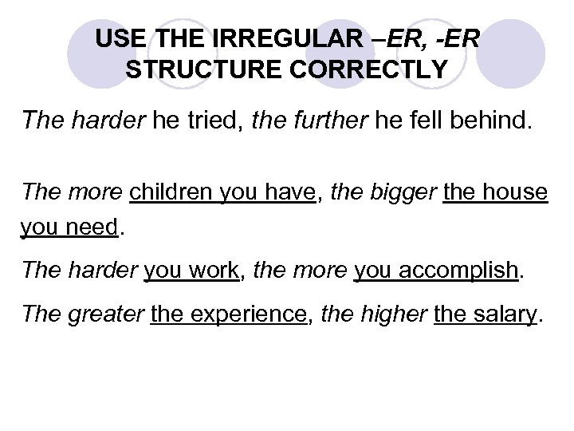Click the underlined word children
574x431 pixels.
[x=169, y=192]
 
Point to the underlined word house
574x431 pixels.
[x=516, y=192]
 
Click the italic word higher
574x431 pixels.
[x=395, y=314]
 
